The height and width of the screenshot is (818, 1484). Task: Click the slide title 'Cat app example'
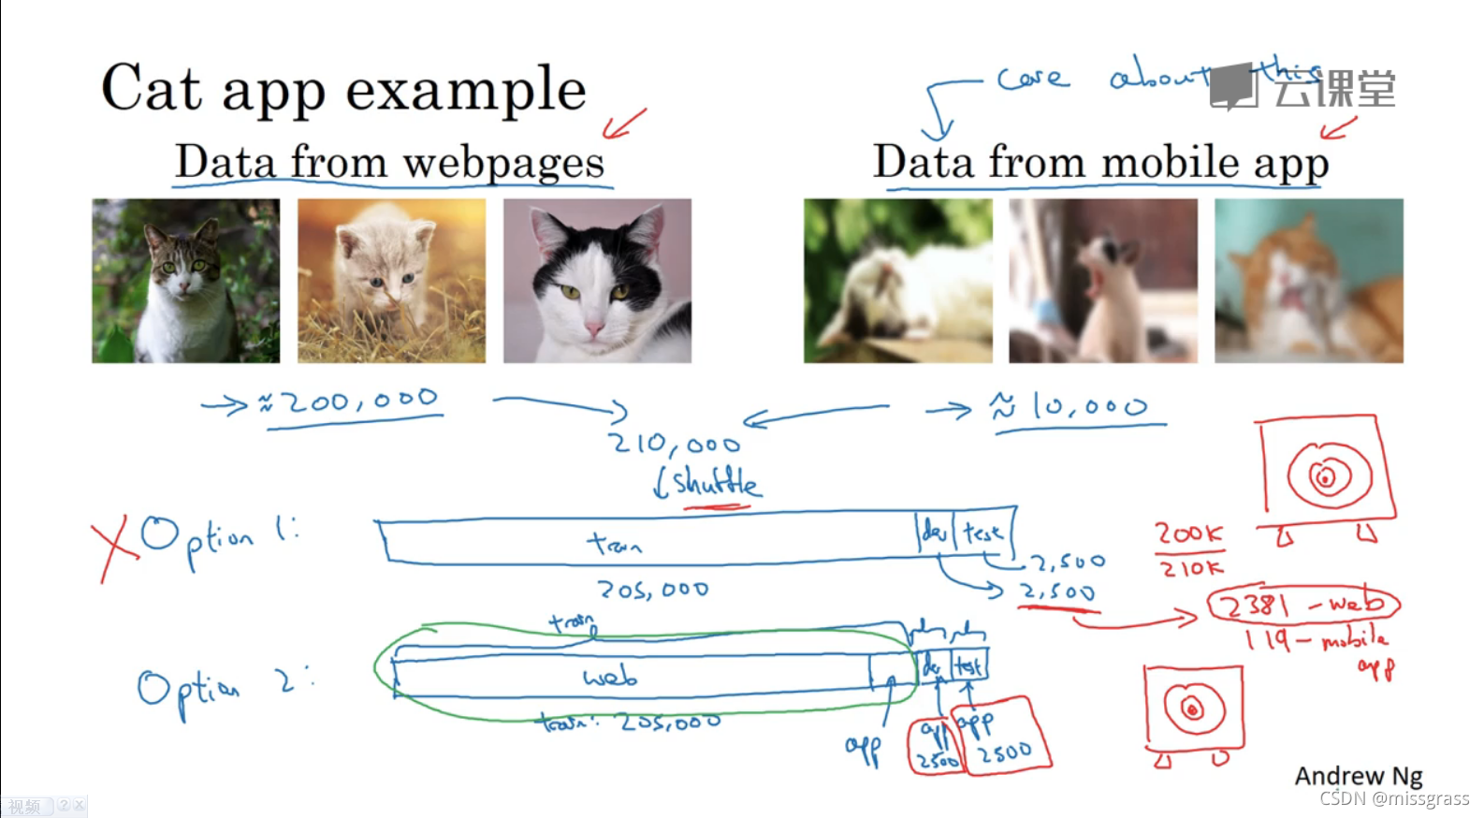pyautogui.click(x=343, y=90)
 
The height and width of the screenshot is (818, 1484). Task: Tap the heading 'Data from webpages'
pyautogui.click(x=389, y=162)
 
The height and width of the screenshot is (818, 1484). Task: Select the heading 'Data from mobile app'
pyautogui.click(x=1100, y=162)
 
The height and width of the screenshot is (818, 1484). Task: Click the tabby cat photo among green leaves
pyautogui.click(x=185, y=281)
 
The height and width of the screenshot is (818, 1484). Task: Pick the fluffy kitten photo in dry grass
pyautogui.click(x=391, y=281)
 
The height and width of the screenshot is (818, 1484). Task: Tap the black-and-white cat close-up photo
pyautogui.click(x=597, y=281)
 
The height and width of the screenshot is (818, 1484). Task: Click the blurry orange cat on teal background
pyautogui.click(x=1308, y=281)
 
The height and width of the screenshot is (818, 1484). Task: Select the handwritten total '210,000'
pyautogui.click(x=674, y=443)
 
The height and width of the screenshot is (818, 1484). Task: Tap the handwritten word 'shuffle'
pyautogui.click(x=715, y=483)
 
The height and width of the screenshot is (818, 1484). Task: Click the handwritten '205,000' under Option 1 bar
pyautogui.click(x=653, y=590)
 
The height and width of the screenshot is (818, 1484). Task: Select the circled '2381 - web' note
pyautogui.click(x=1303, y=605)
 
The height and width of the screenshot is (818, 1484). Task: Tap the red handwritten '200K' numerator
pyautogui.click(x=1188, y=533)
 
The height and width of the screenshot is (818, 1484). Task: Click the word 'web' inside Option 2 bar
pyautogui.click(x=610, y=677)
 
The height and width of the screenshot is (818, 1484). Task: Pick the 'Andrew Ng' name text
pyautogui.click(x=1358, y=776)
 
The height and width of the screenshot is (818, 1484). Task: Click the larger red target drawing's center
pyautogui.click(x=1325, y=478)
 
